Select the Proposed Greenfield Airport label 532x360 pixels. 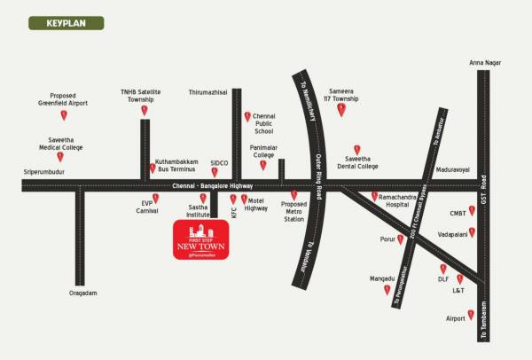tap(63, 99)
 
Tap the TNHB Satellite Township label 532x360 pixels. tap(140, 95)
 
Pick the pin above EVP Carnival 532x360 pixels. tap(155, 198)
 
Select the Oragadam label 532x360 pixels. tap(82, 293)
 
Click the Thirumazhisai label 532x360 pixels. tap(207, 91)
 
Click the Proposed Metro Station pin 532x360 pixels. tap(293, 194)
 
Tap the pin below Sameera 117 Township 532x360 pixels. tap(341, 110)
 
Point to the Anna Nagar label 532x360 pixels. tap(483, 63)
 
